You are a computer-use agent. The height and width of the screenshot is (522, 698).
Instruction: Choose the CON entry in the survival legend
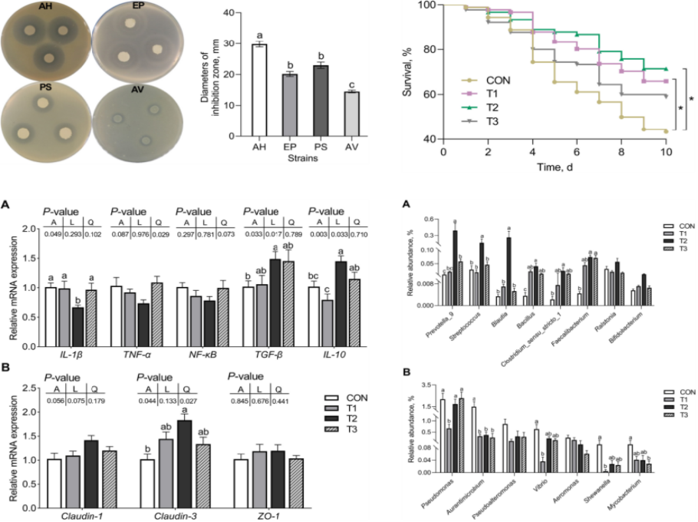498,80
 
